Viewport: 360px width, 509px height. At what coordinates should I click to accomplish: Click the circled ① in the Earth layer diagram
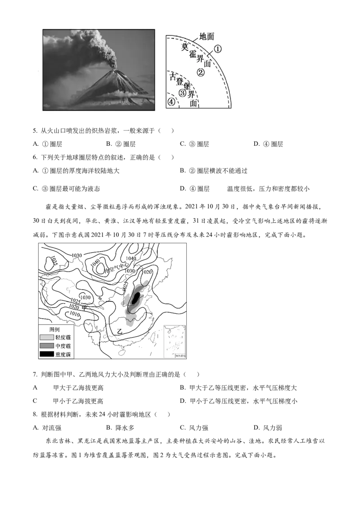click(218, 49)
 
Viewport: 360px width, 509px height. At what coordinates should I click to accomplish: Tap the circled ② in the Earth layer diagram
click(201, 72)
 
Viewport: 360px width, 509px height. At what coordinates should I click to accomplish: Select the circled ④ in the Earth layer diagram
click(171, 102)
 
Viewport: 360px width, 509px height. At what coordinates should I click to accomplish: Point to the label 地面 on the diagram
click(207, 37)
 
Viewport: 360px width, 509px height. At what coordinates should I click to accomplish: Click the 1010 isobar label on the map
click(74, 314)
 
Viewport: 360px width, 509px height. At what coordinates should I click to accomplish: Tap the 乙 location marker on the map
click(119, 331)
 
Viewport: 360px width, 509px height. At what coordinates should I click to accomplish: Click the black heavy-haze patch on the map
click(135, 298)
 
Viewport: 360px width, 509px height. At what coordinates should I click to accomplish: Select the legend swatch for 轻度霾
click(46, 338)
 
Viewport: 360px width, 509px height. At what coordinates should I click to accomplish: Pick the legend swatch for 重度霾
click(46, 354)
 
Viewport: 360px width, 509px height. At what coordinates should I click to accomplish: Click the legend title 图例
click(54, 330)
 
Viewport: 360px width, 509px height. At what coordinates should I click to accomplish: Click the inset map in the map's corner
click(175, 341)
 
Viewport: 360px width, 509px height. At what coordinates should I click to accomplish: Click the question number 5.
click(35, 131)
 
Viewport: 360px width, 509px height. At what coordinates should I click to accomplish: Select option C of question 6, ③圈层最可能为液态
click(67, 188)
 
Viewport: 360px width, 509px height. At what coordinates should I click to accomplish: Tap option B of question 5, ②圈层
click(121, 144)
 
